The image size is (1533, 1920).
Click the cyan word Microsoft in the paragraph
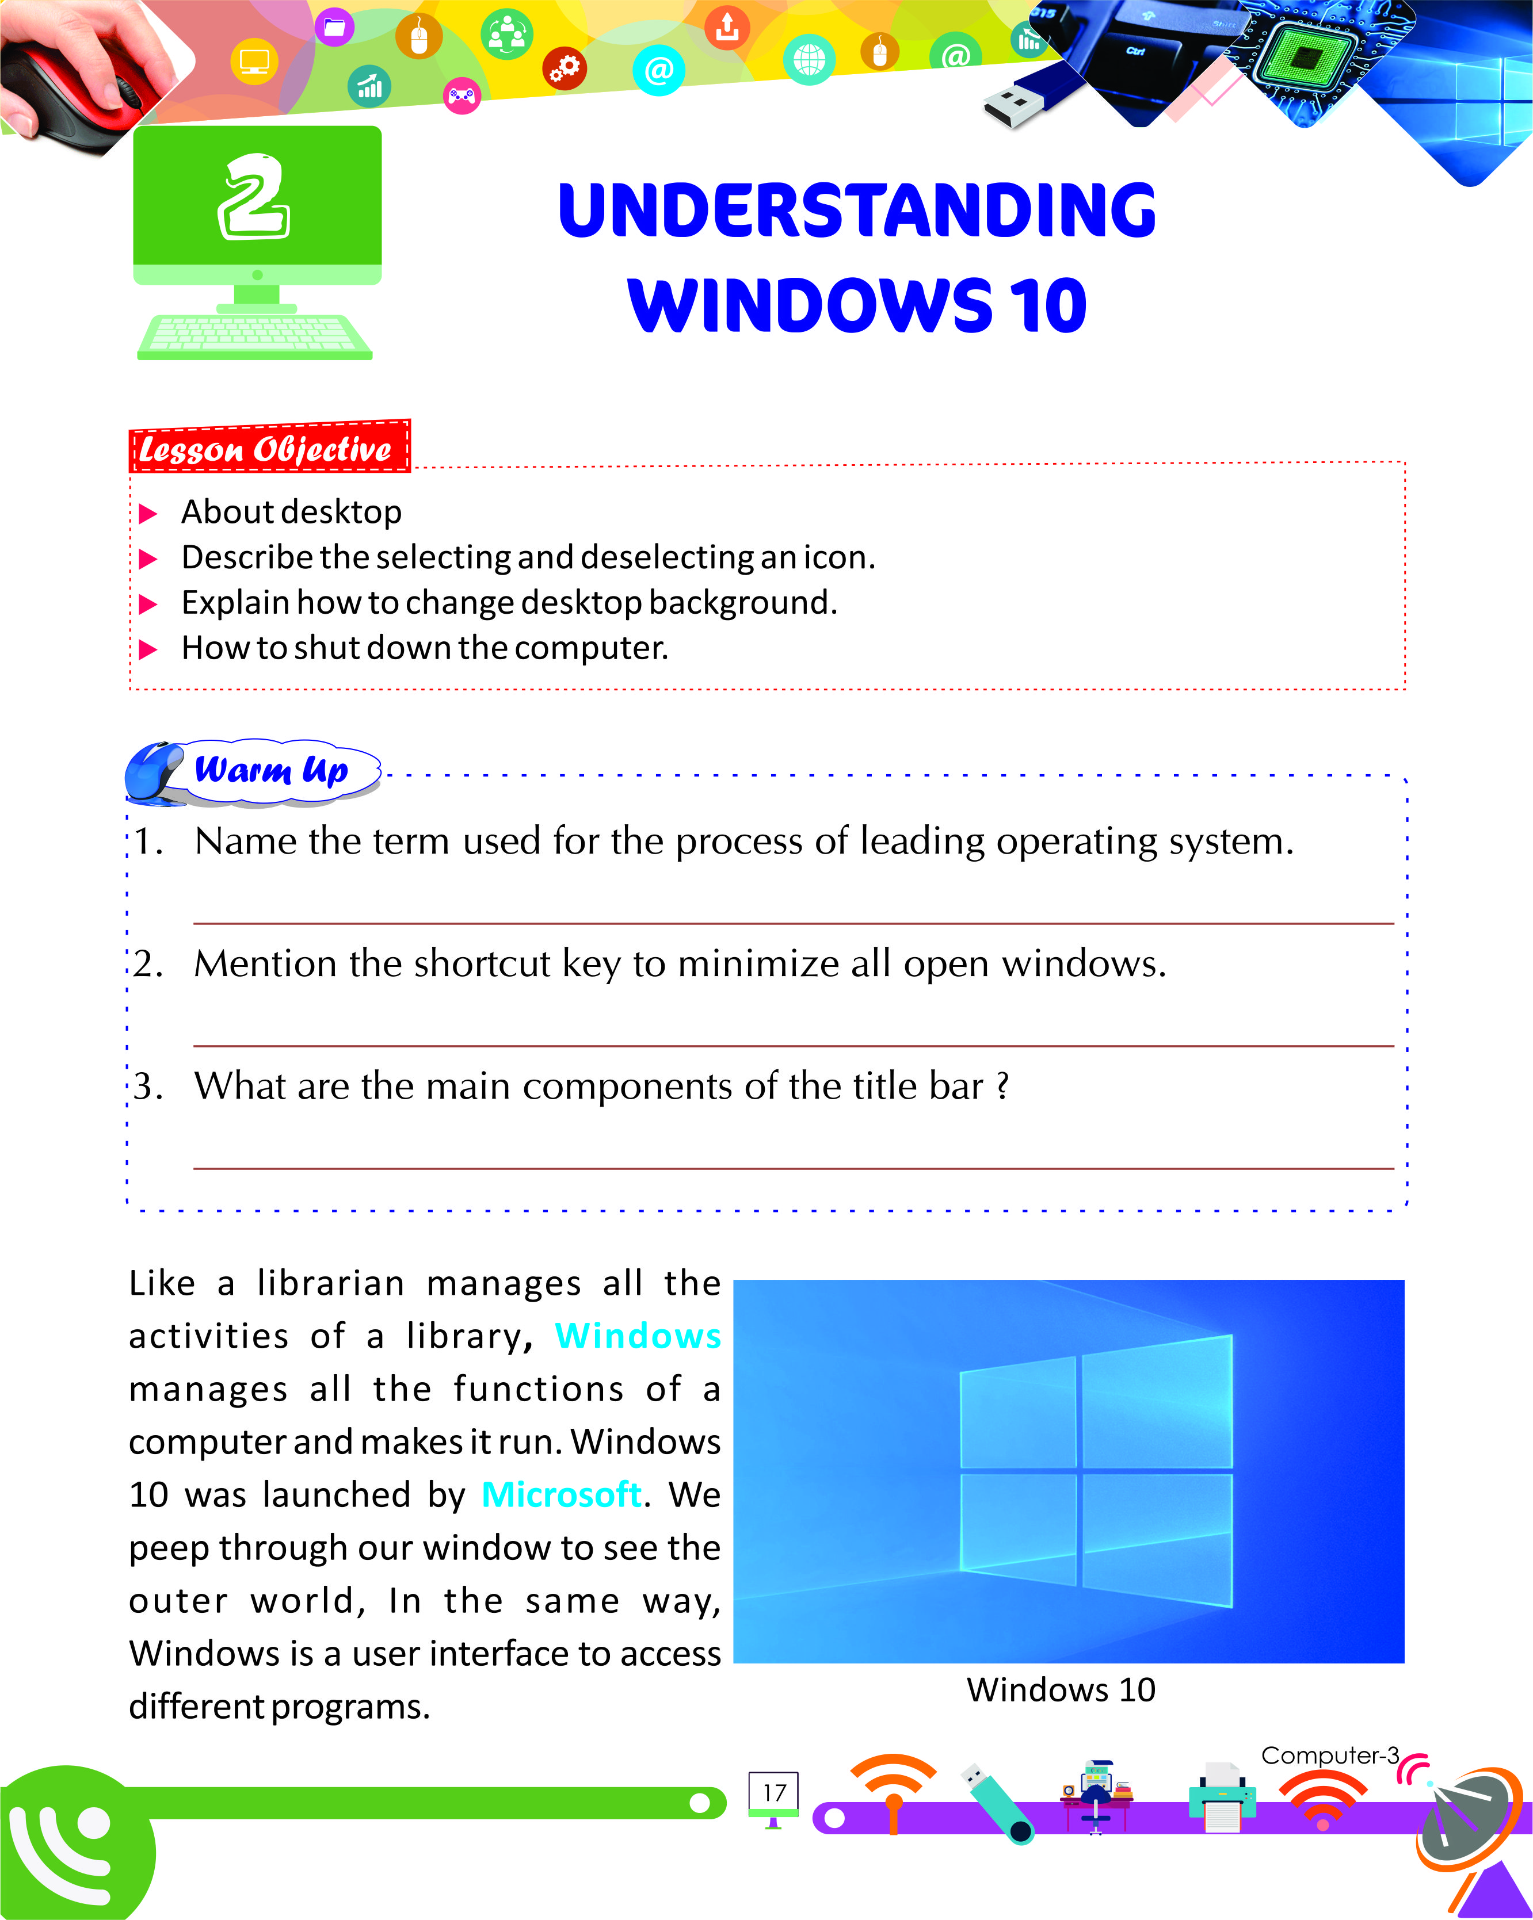561,1494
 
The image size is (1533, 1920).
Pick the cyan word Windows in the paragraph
638,1336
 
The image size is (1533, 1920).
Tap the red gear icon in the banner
565,68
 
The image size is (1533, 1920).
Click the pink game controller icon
462,95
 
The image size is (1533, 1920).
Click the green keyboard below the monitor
255,336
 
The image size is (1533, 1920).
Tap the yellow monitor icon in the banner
254,62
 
